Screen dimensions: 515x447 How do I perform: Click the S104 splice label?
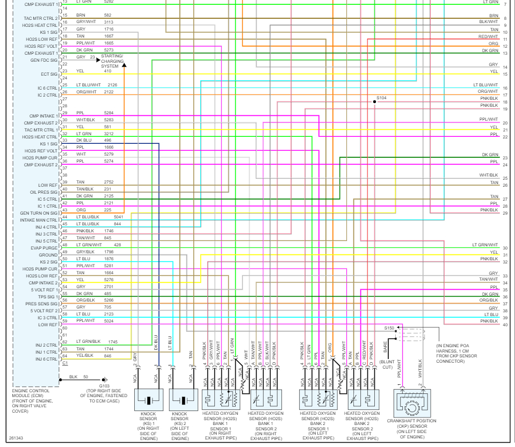pyautogui.click(x=382, y=98)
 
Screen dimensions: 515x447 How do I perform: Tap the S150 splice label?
pyautogui.click(x=389, y=327)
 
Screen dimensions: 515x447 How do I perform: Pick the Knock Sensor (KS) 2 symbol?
pyautogui.click(x=183, y=401)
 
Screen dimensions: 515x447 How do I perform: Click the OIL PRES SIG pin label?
pyautogui.click(x=44, y=192)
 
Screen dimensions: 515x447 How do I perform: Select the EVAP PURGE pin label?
pyautogui.click(x=45, y=248)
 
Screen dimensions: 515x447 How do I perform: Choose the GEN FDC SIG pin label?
pyautogui.click(x=45, y=60)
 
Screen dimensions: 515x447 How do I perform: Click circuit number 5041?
pyautogui.click(x=119, y=217)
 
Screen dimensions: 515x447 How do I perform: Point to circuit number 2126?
pyautogui.click(x=112, y=85)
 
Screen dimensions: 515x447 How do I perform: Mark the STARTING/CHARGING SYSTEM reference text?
pyautogui.click(x=112, y=61)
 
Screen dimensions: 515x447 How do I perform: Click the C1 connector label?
pyautogui.click(x=65, y=363)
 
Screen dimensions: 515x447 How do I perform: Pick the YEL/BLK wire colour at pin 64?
pyautogui.click(x=85, y=356)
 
